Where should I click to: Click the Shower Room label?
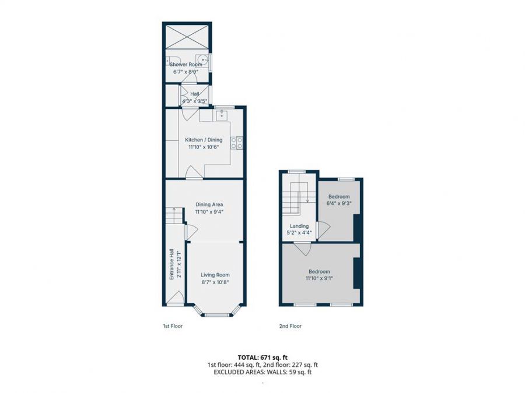point(185,65)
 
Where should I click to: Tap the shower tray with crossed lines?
point(187,36)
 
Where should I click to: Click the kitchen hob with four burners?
point(237,143)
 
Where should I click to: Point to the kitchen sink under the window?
point(221,115)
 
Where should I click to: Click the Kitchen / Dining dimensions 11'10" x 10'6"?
point(204,147)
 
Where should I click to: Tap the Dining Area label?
point(209,204)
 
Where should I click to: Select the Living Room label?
point(215,275)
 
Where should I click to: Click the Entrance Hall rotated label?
point(171,264)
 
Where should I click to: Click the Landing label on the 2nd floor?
point(299,226)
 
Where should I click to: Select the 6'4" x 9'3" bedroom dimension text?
point(339,203)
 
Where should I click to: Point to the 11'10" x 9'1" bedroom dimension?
point(319,278)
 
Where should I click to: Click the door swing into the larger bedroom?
point(303,249)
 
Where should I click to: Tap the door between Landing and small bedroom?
point(324,231)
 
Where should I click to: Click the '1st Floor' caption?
point(173,326)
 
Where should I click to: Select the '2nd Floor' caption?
point(290,326)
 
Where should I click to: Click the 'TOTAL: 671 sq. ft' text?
point(262,357)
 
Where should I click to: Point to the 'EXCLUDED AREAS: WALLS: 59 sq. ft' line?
point(262,372)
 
